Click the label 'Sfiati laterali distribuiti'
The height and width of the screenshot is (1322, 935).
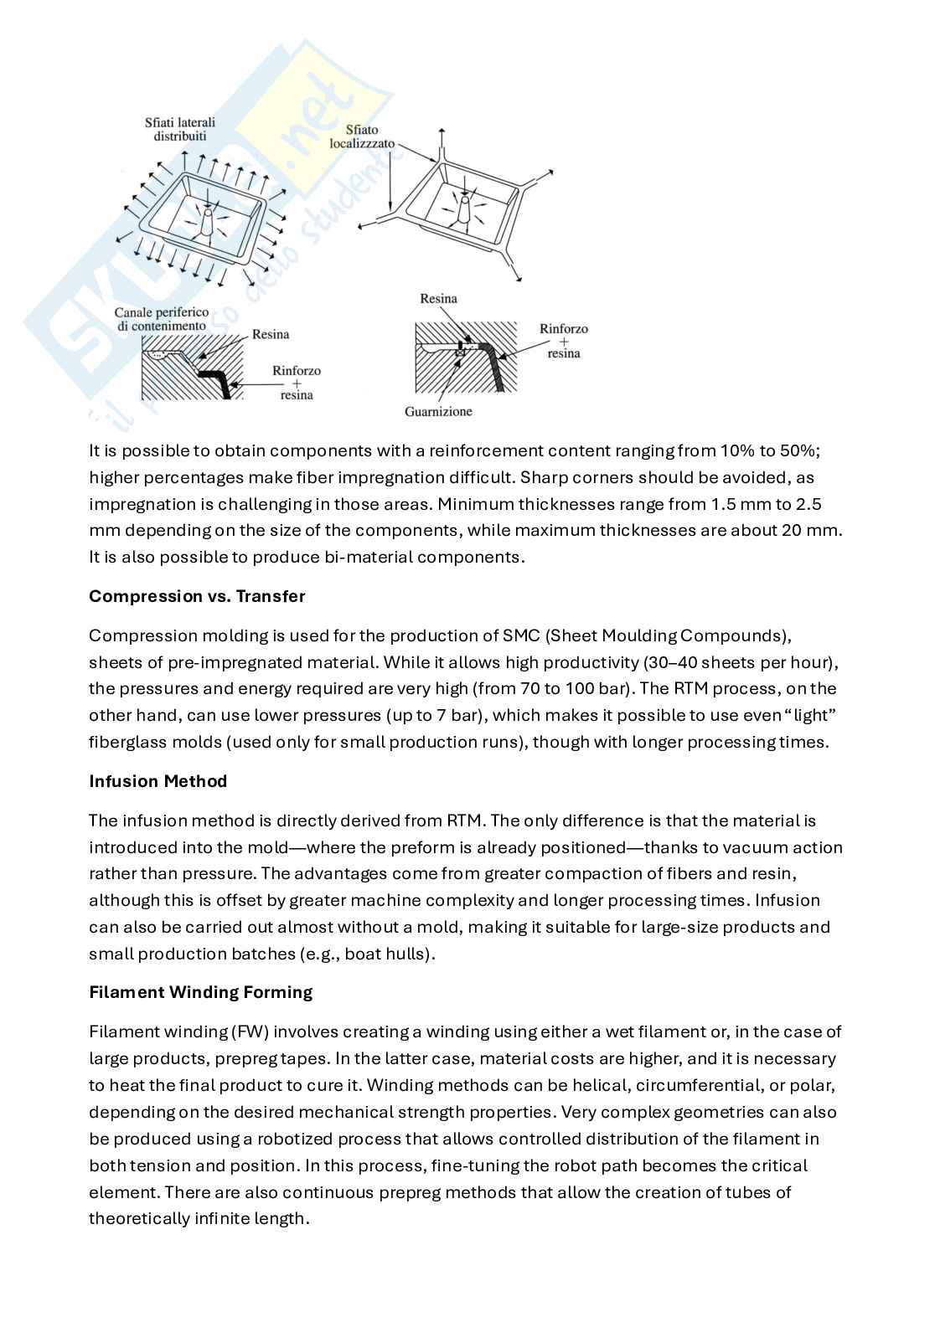tap(180, 129)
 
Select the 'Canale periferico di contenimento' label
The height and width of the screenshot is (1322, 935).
tap(162, 319)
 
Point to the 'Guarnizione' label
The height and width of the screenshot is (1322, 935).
tap(438, 411)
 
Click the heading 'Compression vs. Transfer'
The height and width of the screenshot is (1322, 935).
tap(197, 596)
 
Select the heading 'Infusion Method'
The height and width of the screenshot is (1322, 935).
tap(158, 781)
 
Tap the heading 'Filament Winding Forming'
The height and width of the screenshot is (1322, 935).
tap(201, 992)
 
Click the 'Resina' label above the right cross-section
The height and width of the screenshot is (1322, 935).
tap(438, 299)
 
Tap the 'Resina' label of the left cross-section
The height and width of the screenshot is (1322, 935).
tap(271, 335)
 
